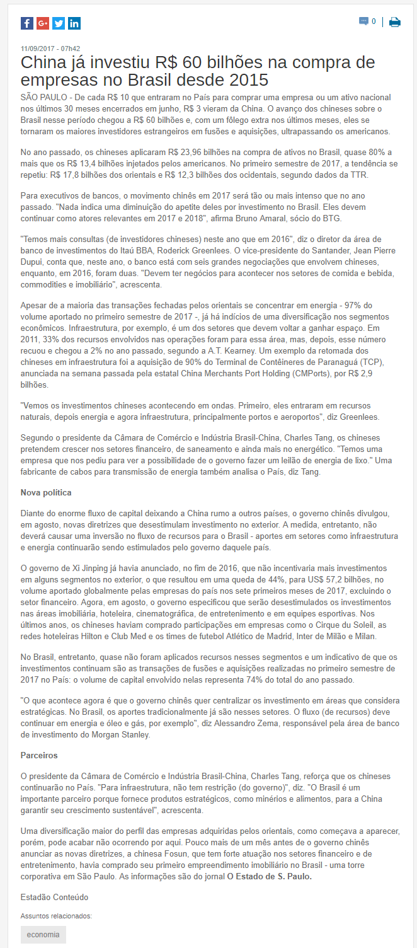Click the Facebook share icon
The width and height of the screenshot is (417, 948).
[27, 23]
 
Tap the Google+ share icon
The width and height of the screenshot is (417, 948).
[43, 23]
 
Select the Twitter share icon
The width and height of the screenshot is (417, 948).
[59, 23]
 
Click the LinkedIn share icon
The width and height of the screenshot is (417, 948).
[74, 23]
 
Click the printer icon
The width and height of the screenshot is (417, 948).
[395, 22]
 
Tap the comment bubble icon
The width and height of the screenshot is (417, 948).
[363, 21]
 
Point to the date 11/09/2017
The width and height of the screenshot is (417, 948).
[38, 49]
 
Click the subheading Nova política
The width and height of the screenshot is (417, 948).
[47, 492]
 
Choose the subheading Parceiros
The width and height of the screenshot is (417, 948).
[39, 755]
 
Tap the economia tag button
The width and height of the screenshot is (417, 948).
[43, 935]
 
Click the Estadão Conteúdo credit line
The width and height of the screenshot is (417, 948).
[55, 897]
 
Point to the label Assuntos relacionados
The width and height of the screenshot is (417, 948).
[57, 916]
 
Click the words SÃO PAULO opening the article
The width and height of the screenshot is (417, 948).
[43, 98]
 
